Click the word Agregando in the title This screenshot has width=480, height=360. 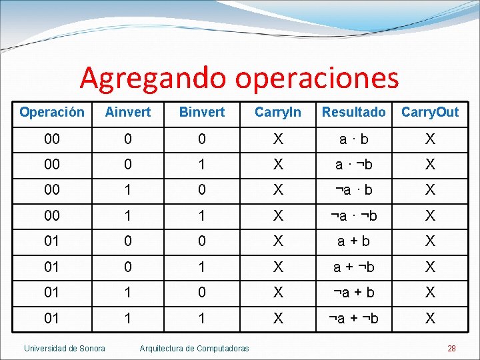click(154, 79)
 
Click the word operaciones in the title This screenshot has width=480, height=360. click(317, 79)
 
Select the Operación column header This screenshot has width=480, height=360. click(52, 112)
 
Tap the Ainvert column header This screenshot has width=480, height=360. click(128, 112)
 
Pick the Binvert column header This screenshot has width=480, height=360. click(202, 112)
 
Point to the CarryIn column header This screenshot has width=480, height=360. click(278, 112)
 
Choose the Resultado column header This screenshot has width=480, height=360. click(353, 112)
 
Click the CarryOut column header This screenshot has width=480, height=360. click(430, 112)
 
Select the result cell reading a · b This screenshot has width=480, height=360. click(353, 139)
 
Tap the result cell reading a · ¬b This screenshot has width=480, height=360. click(353, 164)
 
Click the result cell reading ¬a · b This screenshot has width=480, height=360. click(353, 190)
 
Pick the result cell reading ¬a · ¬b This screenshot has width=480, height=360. click(353, 215)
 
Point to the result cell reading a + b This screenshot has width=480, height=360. click(353, 241)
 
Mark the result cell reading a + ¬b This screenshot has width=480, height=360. click(353, 267)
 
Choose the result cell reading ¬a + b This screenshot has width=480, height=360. click(353, 293)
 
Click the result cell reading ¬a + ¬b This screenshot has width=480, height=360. click(353, 319)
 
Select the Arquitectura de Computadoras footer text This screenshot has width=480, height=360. click(194, 348)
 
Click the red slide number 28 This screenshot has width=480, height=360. click(451, 348)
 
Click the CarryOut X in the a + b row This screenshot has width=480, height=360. click(430, 241)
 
